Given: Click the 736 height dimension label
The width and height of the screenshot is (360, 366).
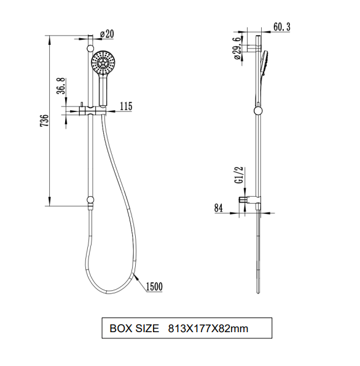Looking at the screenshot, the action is point(44,121).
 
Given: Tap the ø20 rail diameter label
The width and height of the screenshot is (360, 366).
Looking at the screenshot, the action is point(107,34).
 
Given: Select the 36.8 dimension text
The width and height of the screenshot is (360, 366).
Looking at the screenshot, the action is point(61,86).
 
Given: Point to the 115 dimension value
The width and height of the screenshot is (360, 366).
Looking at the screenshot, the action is point(126,106).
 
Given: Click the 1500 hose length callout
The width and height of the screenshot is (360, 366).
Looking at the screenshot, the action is point(154,287).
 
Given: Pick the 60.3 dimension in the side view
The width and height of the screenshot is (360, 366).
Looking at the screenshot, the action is point(282,27).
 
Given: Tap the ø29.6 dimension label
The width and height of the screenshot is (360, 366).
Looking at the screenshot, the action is point(237,49).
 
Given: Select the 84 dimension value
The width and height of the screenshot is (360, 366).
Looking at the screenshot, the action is point(219,208).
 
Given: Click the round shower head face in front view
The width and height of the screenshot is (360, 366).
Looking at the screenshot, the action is point(103,62).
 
